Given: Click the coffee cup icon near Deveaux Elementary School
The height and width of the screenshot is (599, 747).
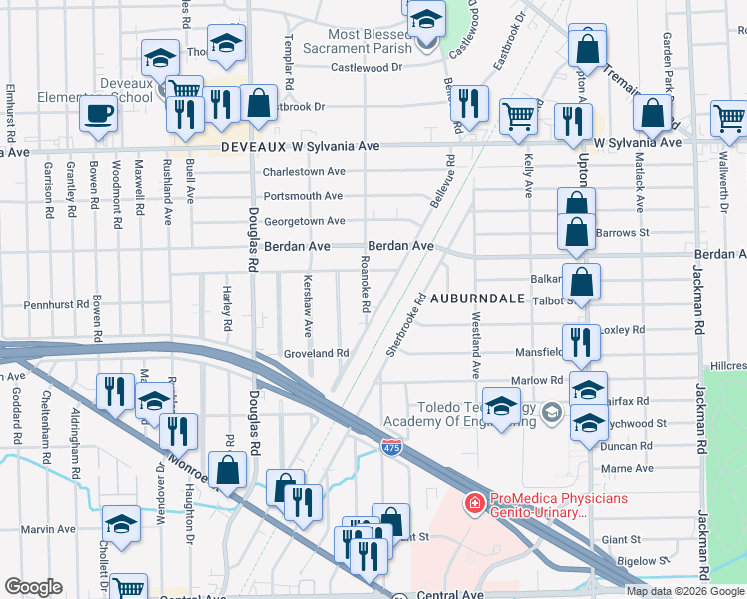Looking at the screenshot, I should tap(98, 114).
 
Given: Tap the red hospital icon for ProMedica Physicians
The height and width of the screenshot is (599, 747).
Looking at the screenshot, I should tap(475, 505).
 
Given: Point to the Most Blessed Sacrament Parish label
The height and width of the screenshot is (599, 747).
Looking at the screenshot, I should tap(372, 41).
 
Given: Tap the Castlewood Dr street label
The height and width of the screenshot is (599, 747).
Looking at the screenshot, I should tap(367, 68).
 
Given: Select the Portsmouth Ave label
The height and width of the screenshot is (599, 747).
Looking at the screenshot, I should tap(303, 196).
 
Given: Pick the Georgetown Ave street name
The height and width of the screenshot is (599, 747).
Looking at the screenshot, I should tap(304, 221).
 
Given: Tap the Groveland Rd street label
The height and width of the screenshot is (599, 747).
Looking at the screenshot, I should tap(315, 353).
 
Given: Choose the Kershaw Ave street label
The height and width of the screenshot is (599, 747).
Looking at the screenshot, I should tap(308, 304).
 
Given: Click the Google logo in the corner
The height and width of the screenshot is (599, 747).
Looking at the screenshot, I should tap(33, 587).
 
